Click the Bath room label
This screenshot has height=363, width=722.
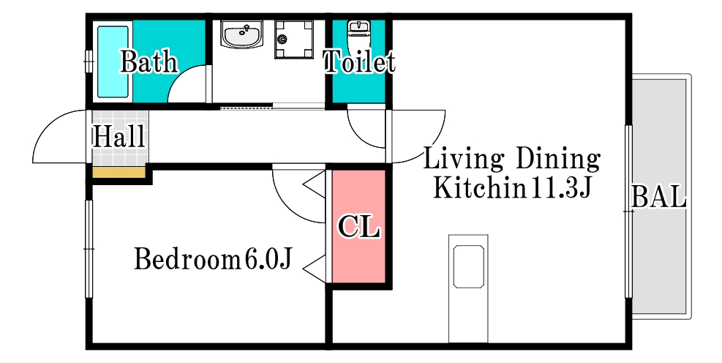pyautogui.click(x=149, y=61)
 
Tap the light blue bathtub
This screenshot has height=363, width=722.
pyautogui.click(x=113, y=61)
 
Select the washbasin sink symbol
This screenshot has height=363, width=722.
pyautogui.click(x=241, y=34)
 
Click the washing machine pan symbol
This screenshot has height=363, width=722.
pyautogui.click(x=294, y=39)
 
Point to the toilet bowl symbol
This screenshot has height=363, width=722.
pyautogui.click(x=358, y=31)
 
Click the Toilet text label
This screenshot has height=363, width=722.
pyautogui.click(x=358, y=62)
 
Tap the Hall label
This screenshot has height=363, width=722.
pyautogui.click(x=119, y=136)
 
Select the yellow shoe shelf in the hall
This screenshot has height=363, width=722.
pyautogui.click(x=118, y=173)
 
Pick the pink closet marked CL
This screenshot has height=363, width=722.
pyautogui.click(x=358, y=227)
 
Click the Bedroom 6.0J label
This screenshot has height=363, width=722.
pyautogui.click(x=213, y=258)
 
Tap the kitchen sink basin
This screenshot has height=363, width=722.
pyautogui.click(x=469, y=266)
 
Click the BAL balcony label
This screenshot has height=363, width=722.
pyautogui.click(x=658, y=197)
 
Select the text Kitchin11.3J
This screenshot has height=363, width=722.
pyautogui.click(x=511, y=188)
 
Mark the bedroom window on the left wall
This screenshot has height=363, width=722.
pyautogui.click(x=89, y=249)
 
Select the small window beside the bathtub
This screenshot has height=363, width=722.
pyautogui.click(x=88, y=61)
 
